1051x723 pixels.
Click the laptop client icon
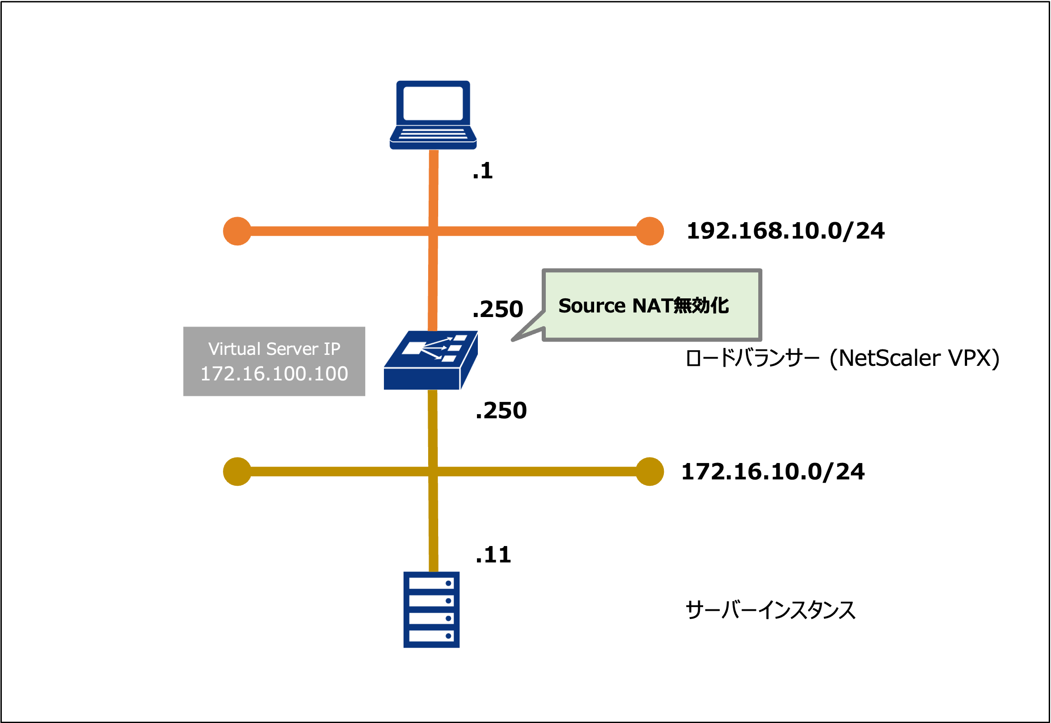433,115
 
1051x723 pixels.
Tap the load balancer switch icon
430,360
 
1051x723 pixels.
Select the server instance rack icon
431,609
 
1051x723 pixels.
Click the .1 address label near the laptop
483,171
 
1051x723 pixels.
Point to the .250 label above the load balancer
498,309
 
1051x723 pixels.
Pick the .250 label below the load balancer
501,411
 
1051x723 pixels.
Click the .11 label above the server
493,555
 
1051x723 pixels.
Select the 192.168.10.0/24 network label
785,231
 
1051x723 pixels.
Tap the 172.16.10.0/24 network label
773,472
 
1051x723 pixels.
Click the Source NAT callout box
652,305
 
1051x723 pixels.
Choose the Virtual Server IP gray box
274,361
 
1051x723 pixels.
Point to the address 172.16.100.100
274,374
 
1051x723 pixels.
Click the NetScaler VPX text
915,358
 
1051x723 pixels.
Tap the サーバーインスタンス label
770,610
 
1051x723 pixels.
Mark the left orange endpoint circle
237,231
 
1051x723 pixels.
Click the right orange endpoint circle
649,231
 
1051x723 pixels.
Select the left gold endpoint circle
237,471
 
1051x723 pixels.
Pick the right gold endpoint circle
649,471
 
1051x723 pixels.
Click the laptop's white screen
433,104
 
